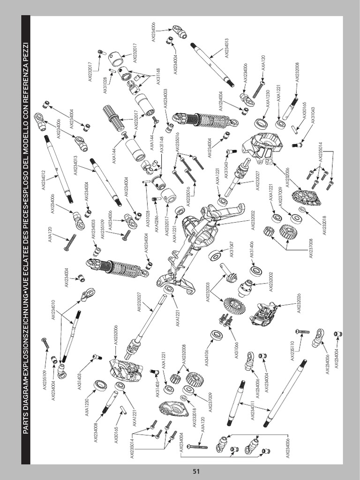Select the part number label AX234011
tap(254, 407)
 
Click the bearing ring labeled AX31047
tap(215, 256)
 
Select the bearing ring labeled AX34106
tap(216, 335)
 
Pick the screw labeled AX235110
tap(303, 331)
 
